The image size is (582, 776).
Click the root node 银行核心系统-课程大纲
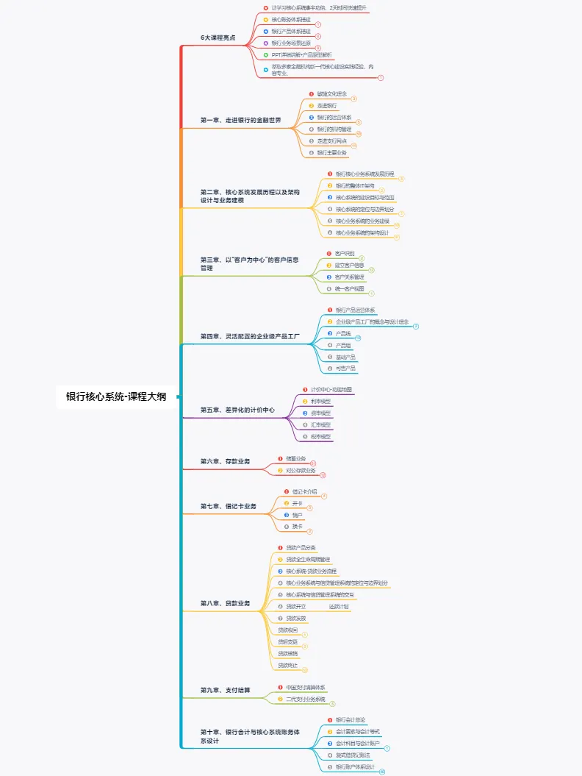tap(116, 396)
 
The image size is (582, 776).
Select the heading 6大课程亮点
tap(218, 37)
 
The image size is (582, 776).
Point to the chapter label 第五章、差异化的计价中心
tap(237, 410)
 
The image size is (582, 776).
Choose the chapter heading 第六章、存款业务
tap(225, 461)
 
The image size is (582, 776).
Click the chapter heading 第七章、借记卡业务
tap(229, 506)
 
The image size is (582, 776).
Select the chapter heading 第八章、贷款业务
tap(225, 603)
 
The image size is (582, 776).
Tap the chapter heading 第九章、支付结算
tap(225, 690)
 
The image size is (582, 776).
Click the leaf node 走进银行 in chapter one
tap(328, 106)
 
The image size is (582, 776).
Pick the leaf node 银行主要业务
tap(332, 152)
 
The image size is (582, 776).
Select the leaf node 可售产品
tap(345, 368)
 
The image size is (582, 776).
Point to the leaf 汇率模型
tap(321, 424)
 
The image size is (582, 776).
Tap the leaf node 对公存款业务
tap(301, 470)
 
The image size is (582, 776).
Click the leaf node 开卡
tap(297, 503)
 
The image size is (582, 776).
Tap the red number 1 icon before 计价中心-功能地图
tap(305, 389)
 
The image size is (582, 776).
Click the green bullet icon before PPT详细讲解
tap(266, 54)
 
